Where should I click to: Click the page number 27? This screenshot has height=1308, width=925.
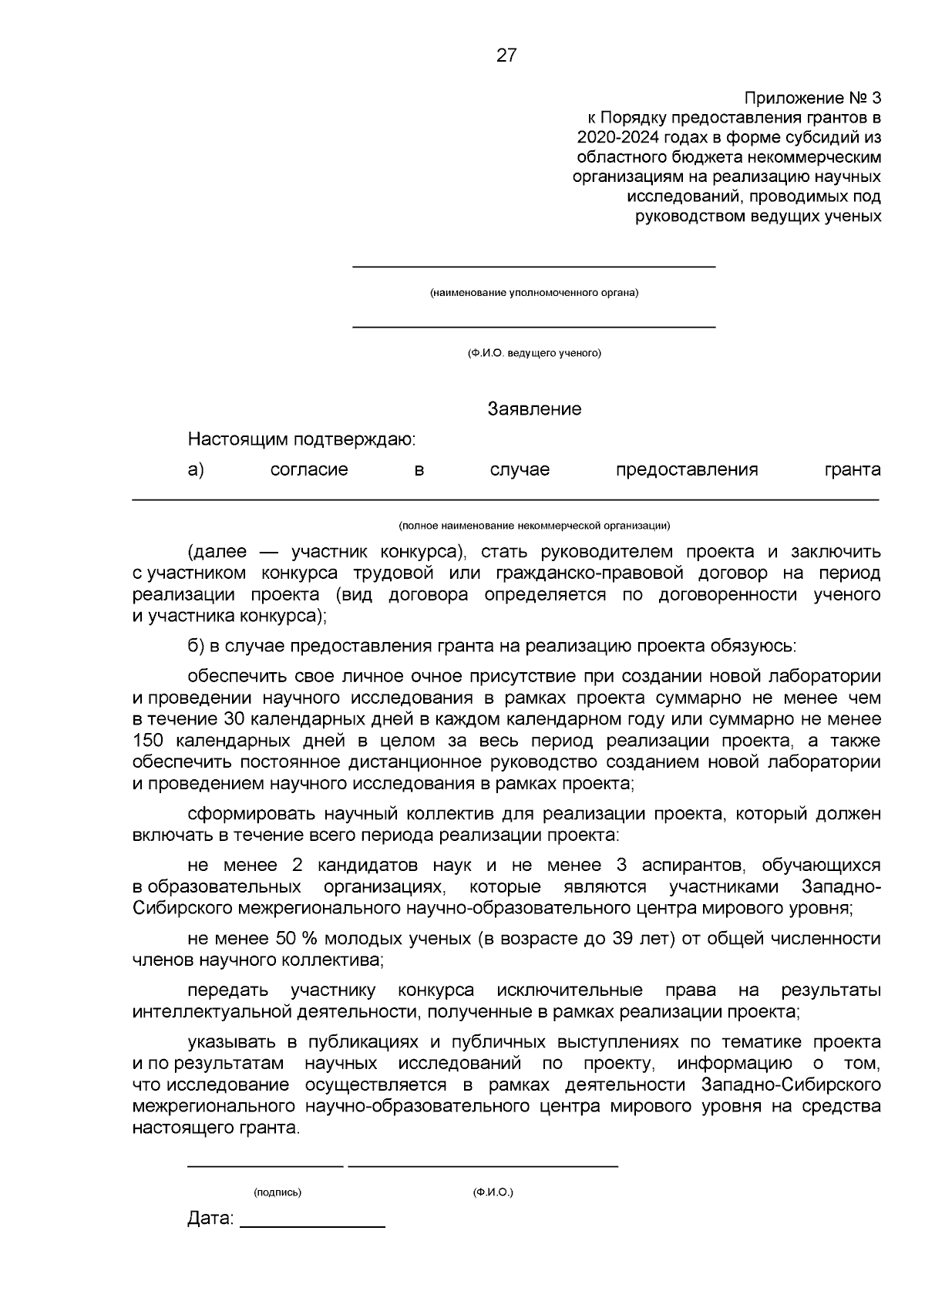(x=506, y=55)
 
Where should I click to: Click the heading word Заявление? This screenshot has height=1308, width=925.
(x=534, y=409)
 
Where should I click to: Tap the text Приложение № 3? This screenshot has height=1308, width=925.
(x=812, y=99)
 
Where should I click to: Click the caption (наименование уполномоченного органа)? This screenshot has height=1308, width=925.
(x=534, y=293)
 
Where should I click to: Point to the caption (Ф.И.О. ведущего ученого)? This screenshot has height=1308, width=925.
(x=534, y=353)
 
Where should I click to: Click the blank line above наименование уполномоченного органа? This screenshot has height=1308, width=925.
(x=534, y=267)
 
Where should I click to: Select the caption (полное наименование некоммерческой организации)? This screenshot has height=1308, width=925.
(x=534, y=526)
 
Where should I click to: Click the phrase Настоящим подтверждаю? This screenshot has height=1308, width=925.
(x=301, y=440)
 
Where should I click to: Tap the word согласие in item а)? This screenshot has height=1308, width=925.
(x=309, y=469)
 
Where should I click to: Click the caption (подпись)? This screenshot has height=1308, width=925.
(x=277, y=1192)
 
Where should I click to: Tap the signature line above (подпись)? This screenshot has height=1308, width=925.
(x=265, y=1166)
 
